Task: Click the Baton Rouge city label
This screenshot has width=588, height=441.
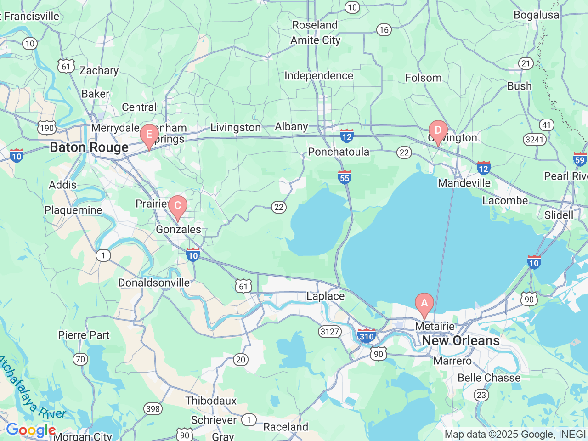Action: [x=89, y=147]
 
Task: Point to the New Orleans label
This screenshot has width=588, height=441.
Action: [x=461, y=341]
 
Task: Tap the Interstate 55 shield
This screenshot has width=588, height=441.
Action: [x=345, y=177]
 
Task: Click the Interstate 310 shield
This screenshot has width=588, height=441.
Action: [x=366, y=336]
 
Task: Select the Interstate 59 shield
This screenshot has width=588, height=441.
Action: [x=580, y=159]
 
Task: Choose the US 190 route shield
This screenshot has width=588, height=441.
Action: [x=47, y=128]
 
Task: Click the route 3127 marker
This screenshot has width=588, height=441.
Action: [x=330, y=331]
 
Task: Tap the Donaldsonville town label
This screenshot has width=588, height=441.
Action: [x=154, y=283]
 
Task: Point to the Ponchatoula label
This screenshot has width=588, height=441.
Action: [x=339, y=152]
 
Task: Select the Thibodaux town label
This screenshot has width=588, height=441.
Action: [x=211, y=401]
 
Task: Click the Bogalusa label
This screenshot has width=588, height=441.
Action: [x=536, y=15]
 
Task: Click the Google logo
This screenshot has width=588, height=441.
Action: [x=31, y=430]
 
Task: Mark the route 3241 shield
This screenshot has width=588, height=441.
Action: [x=535, y=139]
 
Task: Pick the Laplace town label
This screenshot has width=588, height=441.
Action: [x=325, y=296]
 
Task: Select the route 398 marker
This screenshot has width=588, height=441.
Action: [x=153, y=408]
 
